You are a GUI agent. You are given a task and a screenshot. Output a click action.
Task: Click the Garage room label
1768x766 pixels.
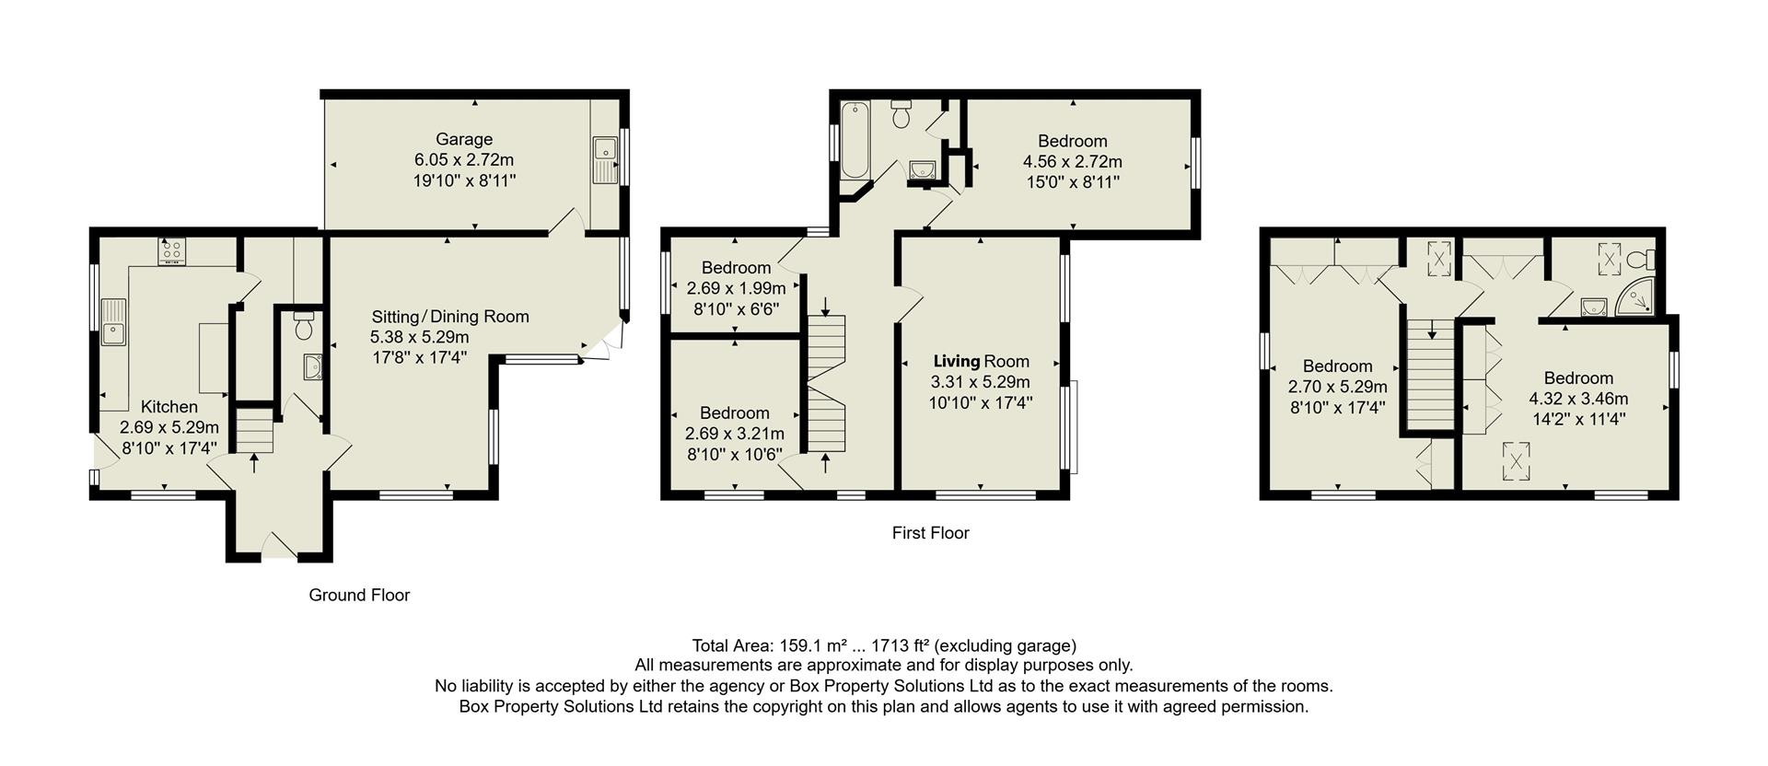click(x=464, y=139)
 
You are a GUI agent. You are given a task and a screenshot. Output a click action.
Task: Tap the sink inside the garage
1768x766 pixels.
click(x=605, y=159)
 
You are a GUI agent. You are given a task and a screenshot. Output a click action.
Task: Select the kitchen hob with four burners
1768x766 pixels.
click(x=172, y=250)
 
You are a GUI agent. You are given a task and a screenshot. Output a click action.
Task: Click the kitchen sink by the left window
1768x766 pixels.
click(x=114, y=321)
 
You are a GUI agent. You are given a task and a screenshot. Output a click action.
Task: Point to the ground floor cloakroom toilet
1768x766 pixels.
click(x=303, y=325)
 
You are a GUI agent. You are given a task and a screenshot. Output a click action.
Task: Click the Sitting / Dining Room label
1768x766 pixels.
click(x=449, y=317)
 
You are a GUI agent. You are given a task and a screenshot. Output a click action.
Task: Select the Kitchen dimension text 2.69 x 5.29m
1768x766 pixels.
click(x=169, y=427)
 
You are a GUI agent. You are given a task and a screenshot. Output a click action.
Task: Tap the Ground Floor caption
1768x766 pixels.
click(x=359, y=595)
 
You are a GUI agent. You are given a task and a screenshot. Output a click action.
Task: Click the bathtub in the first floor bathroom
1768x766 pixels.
click(x=855, y=141)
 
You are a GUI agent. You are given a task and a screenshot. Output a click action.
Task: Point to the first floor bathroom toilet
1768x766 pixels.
click(x=901, y=114)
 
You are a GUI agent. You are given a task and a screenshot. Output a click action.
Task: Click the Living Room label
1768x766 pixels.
click(x=981, y=361)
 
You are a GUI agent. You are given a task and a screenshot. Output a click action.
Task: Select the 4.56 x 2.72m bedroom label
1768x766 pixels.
click(x=1072, y=161)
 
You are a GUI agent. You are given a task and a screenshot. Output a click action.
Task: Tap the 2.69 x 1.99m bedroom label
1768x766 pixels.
click(x=736, y=288)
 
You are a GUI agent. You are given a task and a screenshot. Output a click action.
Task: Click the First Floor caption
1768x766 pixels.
click(x=930, y=532)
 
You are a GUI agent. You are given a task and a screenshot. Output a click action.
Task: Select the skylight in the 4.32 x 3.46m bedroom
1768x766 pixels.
click(x=1514, y=460)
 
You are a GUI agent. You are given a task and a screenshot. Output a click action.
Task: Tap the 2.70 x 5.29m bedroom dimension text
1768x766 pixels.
click(x=1337, y=387)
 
